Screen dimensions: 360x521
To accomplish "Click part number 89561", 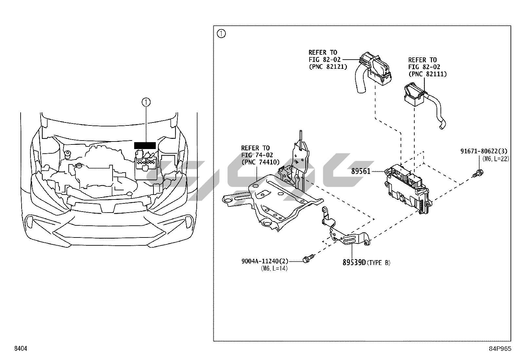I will [x=361, y=171].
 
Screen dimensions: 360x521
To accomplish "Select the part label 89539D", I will [x=354, y=262].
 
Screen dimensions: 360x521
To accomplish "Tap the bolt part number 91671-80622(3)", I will [x=484, y=151].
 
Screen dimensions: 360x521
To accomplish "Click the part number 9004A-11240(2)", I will [x=265, y=261].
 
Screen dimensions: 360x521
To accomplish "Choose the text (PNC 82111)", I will [x=427, y=74].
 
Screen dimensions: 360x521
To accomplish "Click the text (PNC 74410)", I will [x=260, y=162].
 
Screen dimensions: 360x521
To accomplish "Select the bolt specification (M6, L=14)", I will [x=274, y=269].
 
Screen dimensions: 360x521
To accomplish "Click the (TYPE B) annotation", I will [x=379, y=263].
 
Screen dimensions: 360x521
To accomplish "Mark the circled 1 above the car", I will [x=146, y=102].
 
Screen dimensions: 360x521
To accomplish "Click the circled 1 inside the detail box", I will [x=222, y=34].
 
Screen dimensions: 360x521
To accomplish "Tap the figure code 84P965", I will [x=499, y=349].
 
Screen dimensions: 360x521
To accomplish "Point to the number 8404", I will [x=20, y=349].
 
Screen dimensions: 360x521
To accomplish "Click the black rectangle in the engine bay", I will [x=145, y=145].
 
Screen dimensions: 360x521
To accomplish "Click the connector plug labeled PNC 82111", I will [x=415, y=95].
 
